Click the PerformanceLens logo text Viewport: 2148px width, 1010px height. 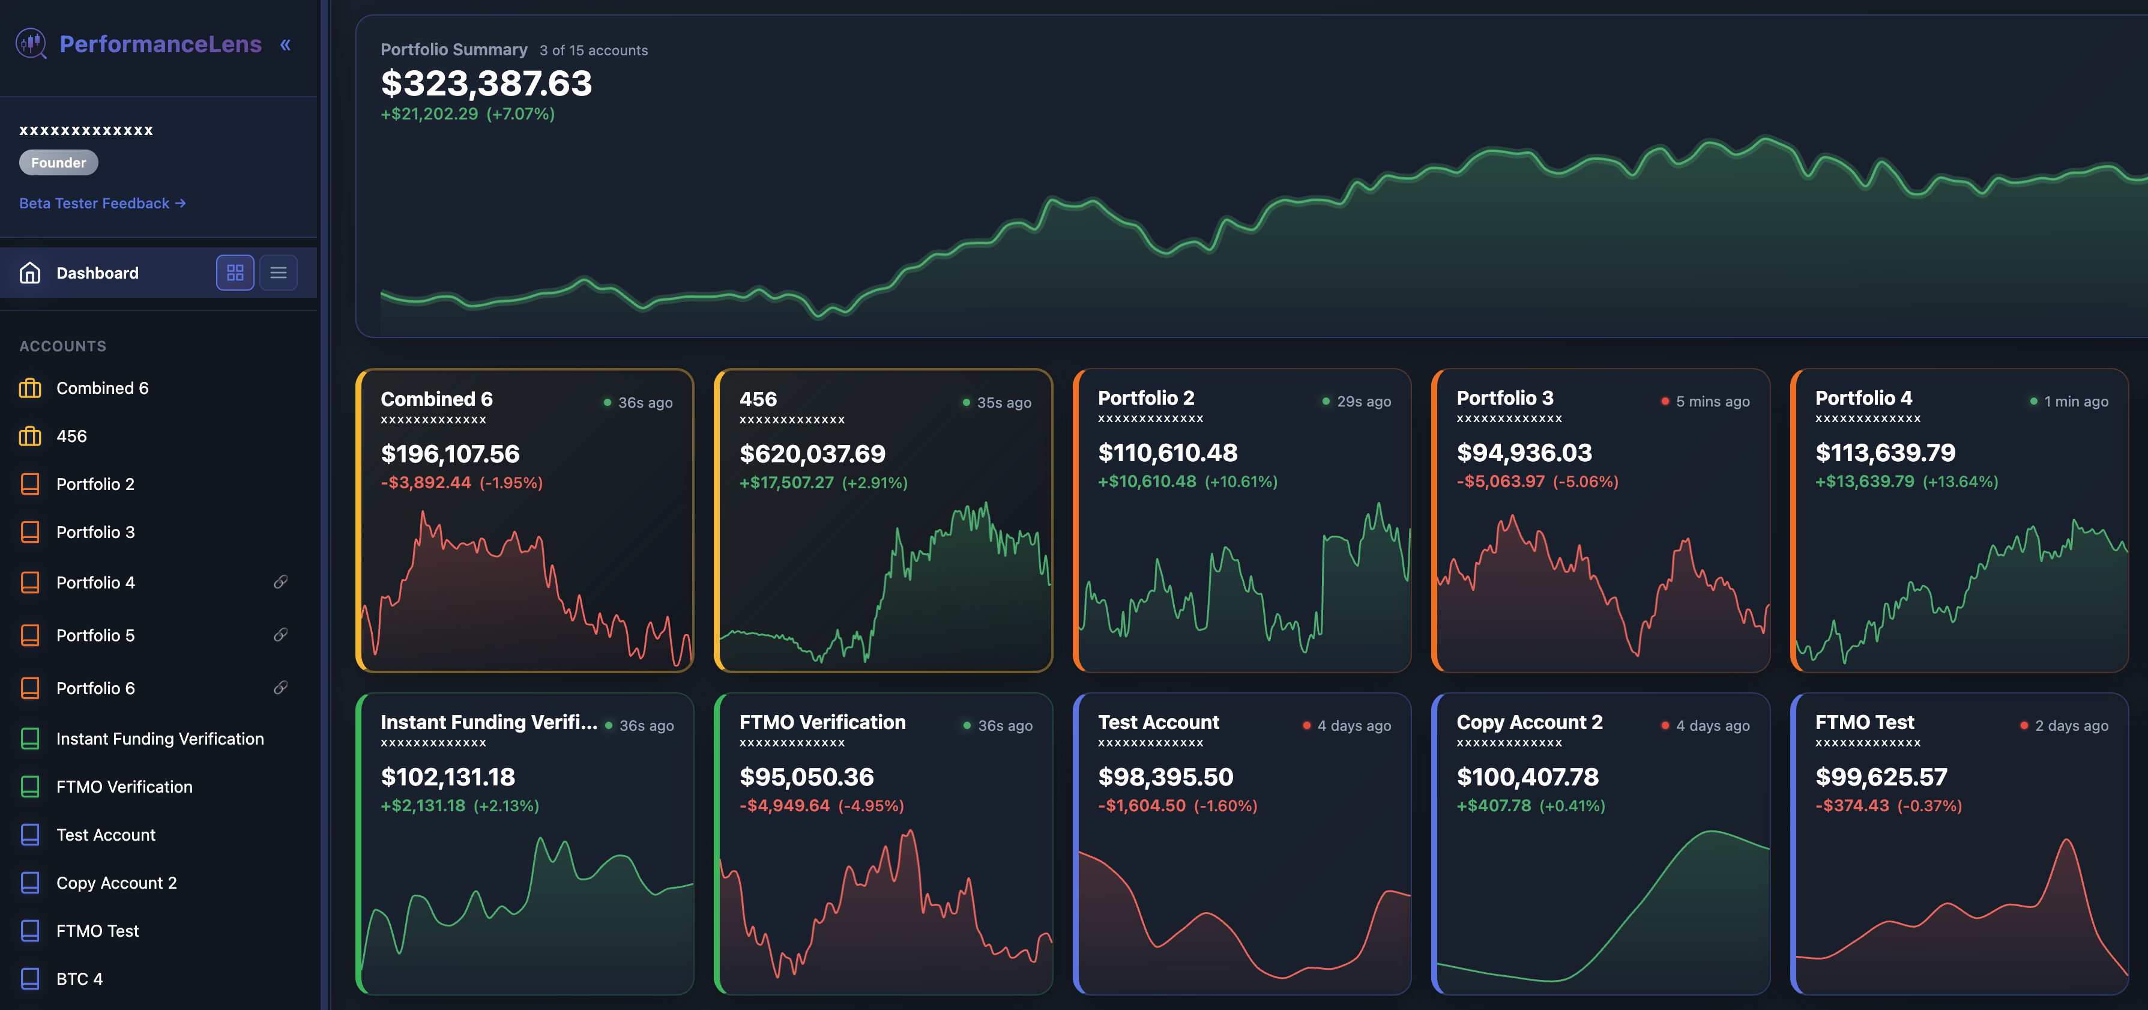160,44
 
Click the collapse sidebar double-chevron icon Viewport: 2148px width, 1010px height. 285,45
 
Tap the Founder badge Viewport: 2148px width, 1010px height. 58,163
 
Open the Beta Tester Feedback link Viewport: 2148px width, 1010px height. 101,204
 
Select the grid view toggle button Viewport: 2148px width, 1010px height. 235,273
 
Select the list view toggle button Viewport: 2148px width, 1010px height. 279,273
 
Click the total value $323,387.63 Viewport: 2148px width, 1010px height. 486,83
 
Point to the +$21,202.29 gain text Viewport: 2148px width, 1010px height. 429,114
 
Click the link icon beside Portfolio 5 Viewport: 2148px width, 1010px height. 281,635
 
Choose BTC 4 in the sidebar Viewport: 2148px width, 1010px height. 79,978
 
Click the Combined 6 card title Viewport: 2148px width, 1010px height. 436,399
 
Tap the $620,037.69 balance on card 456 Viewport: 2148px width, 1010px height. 812,454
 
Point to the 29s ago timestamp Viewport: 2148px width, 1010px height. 1363,402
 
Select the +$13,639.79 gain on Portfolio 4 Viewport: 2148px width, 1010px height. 1865,482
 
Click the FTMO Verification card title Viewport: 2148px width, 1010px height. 822,722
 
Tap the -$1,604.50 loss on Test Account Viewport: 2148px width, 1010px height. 1142,806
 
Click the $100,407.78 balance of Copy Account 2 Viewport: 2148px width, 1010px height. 1528,777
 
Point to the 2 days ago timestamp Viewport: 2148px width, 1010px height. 2071,725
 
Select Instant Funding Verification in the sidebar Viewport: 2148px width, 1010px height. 159,739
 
